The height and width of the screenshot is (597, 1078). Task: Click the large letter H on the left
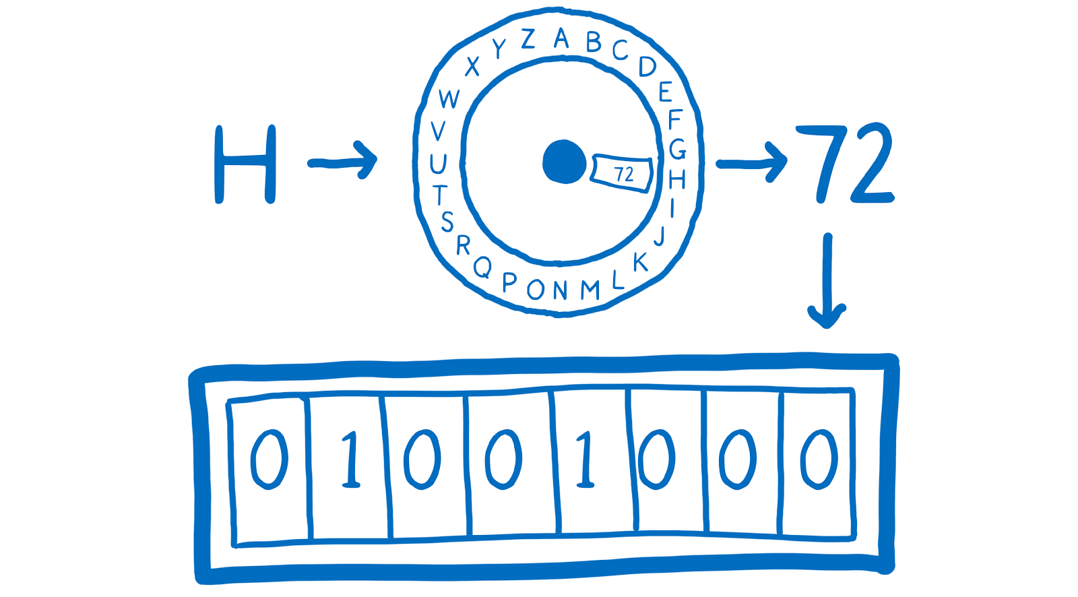pyautogui.click(x=245, y=164)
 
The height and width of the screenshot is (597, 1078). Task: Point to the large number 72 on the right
pyautogui.click(x=845, y=164)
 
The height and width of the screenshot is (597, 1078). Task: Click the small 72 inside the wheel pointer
pyautogui.click(x=625, y=174)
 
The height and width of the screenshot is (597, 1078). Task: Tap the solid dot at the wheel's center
pyautogui.click(x=565, y=161)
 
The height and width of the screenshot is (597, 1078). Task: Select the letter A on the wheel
pyautogui.click(x=561, y=38)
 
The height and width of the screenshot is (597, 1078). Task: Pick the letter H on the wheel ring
pyautogui.click(x=677, y=179)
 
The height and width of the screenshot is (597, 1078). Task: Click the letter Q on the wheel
pyautogui.click(x=482, y=268)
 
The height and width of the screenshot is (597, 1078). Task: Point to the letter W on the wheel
pyautogui.click(x=449, y=99)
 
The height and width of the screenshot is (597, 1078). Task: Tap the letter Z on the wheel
pyautogui.click(x=528, y=39)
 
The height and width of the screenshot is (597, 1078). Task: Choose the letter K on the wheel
pyautogui.click(x=640, y=261)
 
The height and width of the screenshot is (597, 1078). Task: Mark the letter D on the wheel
pyautogui.click(x=647, y=66)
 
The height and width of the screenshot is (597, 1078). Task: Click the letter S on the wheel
pyautogui.click(x=447, y=221)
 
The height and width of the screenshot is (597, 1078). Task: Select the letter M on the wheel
pyautogui.click(x=590, y=290)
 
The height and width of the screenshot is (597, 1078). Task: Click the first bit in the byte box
pyautogui.click(x=269, y=458)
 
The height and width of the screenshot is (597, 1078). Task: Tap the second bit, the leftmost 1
pyautogui.click(x=350, y=458)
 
